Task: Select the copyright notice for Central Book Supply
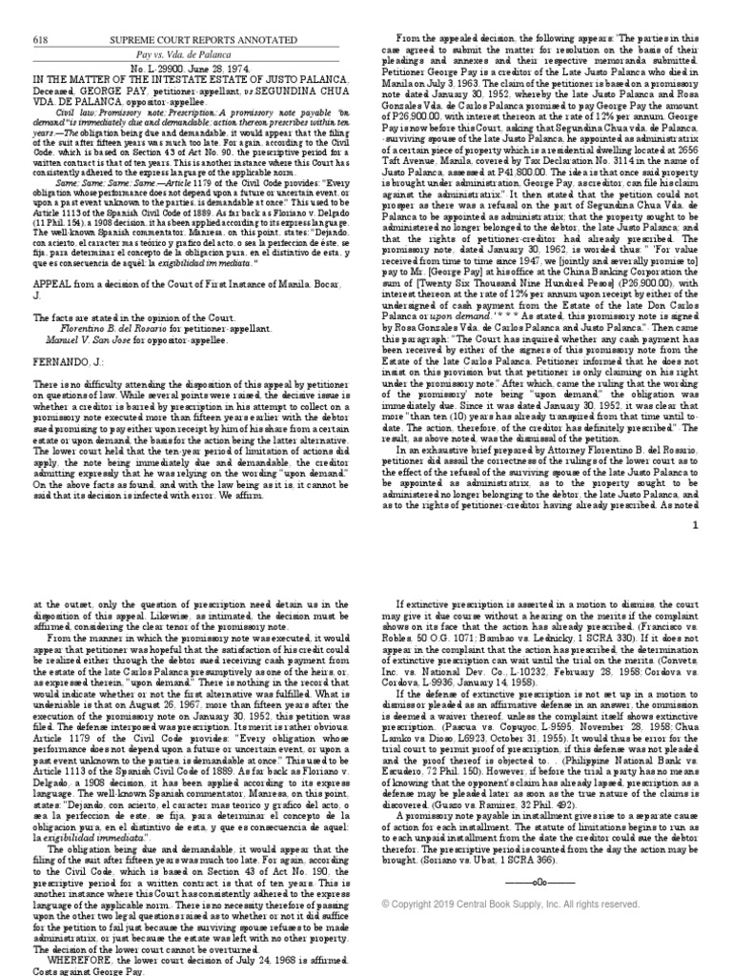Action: pyautogui.click(x=509, y=905)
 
